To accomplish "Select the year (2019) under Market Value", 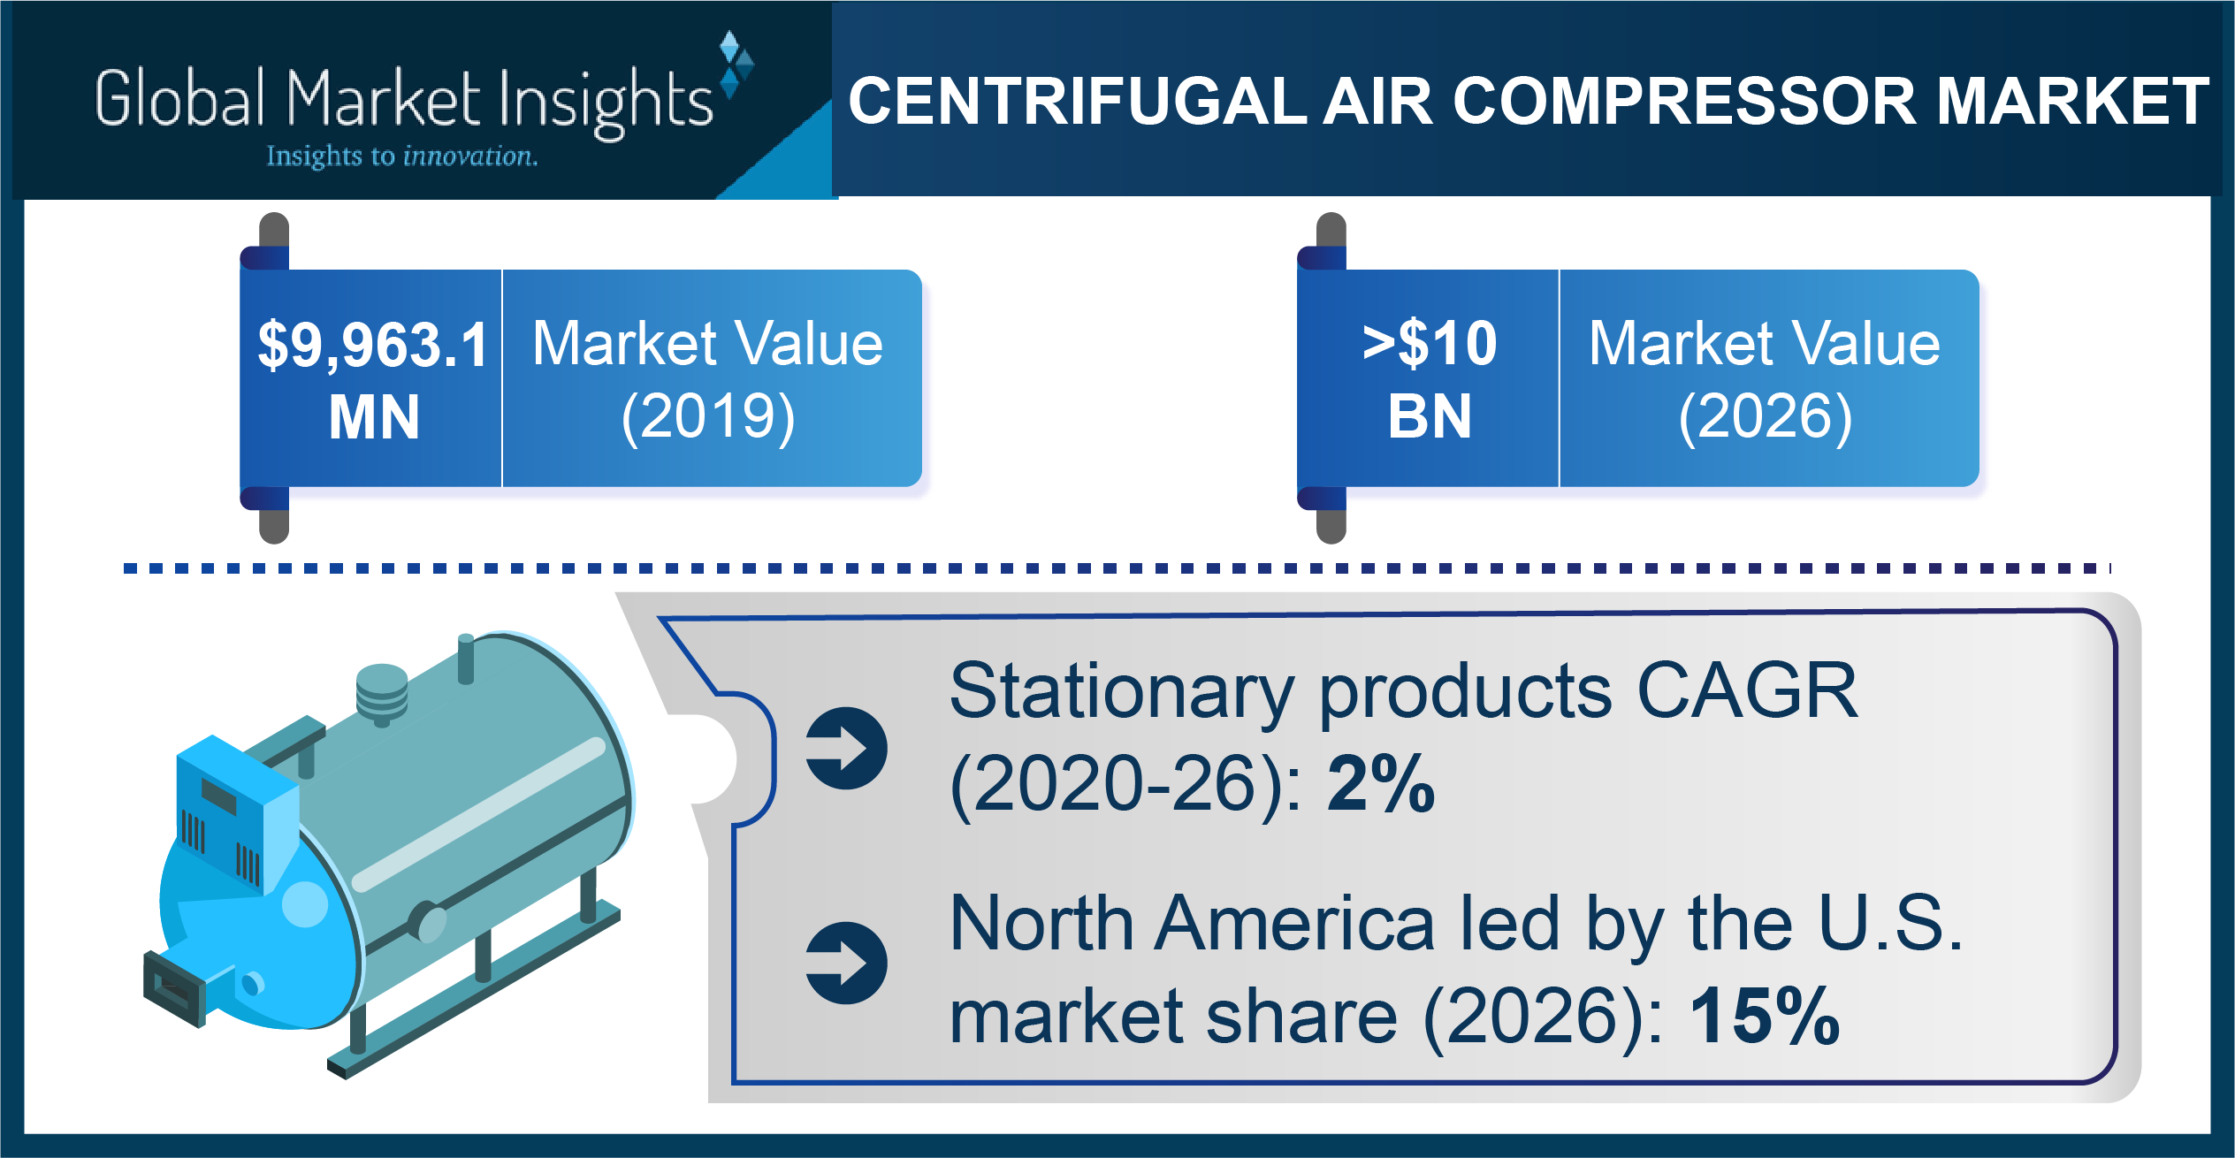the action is tap(708, 416).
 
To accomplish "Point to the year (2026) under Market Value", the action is tap(1766, 416).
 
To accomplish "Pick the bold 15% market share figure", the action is tap(1765, 1016).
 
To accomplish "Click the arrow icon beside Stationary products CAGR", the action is tap(846, 748).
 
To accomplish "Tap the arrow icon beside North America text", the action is tap(846, 964).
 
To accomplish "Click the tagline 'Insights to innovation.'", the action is tap(402, 156).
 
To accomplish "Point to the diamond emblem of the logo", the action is tap(736, 64).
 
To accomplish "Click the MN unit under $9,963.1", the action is tap(374, 417).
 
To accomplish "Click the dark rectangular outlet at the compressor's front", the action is tap(175, 988).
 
